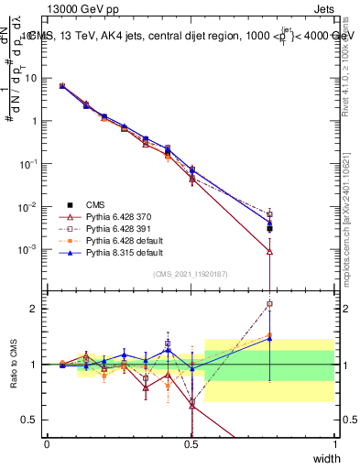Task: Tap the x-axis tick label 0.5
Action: [x=191, y=442]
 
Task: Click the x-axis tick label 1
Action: [x=334, y=442]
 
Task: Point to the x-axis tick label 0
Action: [x=47, y=442]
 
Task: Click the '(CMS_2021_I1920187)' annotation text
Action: [x=191, y=274]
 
